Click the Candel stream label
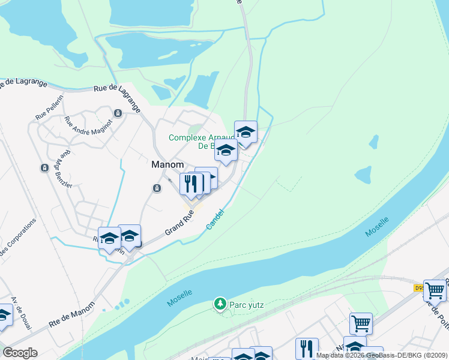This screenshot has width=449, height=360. (215, 218)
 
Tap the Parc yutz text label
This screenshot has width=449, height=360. (247, 305)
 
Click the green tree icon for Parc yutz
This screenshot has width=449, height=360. (220, 304)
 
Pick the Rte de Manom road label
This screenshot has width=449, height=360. (71, 316)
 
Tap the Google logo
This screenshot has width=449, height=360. (19, 353)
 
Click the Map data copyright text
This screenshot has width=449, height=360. (382, 355)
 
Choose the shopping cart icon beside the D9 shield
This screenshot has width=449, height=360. (435, 290)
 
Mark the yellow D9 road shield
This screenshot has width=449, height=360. (418, 287)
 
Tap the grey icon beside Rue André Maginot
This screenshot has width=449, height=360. (118, 113)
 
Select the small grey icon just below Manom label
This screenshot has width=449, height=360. (157, 188)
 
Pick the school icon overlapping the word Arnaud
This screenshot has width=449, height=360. (245, 132)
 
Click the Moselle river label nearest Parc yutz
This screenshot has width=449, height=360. (179, 298)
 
